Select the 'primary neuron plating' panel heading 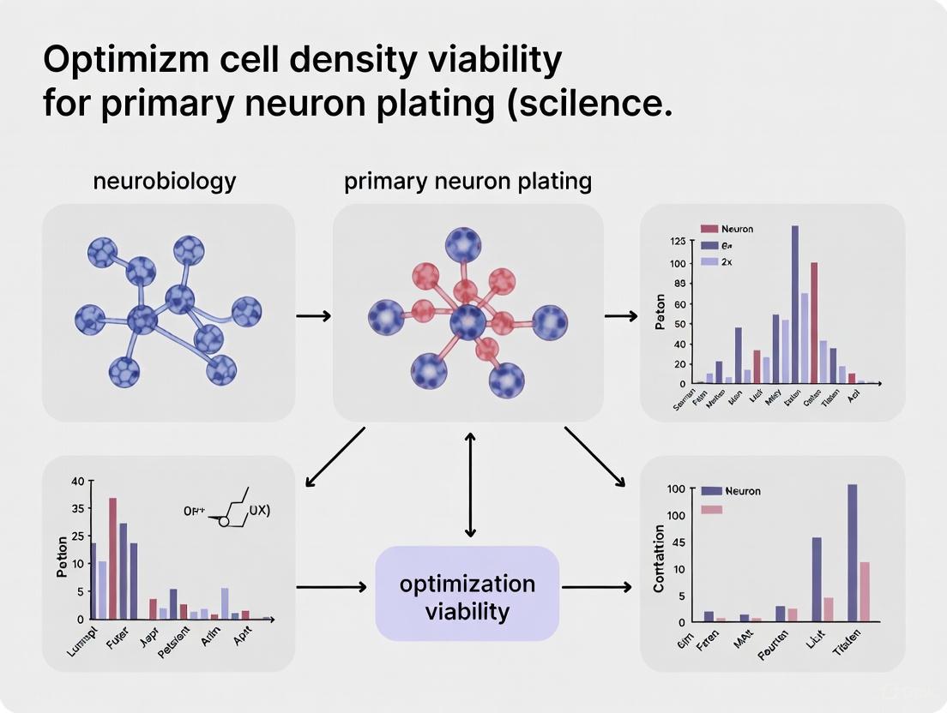pos(467,182)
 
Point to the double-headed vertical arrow pos(469,483)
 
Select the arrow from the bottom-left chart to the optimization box pos(330,588)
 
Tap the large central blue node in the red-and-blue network pos(468,324)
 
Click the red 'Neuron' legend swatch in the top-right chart pos(709,229)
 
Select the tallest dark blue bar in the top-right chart pos(795,303)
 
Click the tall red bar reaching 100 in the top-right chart pos(814,321)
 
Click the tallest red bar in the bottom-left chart pos(112,558)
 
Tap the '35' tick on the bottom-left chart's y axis pos(78,507)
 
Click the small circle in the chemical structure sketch pos(224,521)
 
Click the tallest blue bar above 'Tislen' pos(853,553)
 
